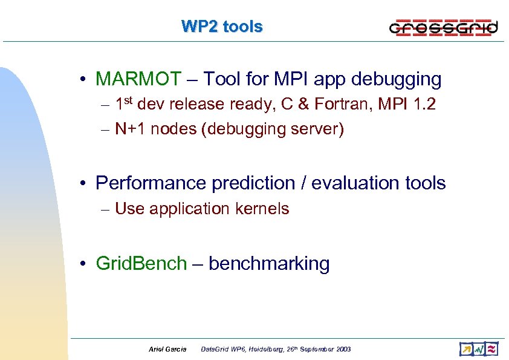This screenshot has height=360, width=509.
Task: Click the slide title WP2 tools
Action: pos(222,27)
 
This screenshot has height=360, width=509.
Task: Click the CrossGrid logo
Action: pos(443,27)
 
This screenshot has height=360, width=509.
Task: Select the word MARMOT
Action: pos(138,79)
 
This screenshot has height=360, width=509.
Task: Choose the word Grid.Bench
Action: pos(141,264)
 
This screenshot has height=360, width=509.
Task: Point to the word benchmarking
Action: pos(270,264)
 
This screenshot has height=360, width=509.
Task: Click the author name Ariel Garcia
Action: pos(167,349)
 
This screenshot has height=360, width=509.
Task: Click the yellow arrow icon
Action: pos(465,349)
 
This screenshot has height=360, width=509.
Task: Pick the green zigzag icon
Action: pos(479,349)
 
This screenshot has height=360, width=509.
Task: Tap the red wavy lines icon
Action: pos(492,349)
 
